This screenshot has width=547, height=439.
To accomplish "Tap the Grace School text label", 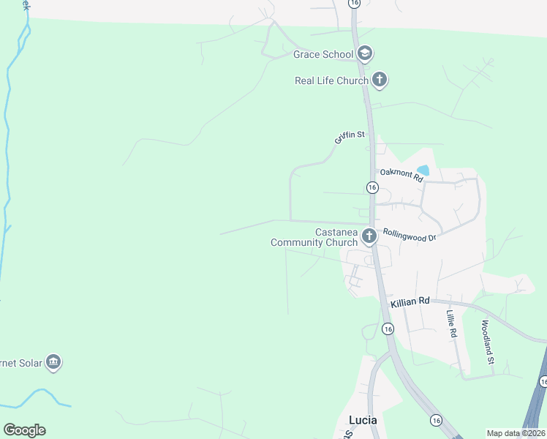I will point(323,54).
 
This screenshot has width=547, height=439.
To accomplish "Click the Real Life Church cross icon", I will point(379,80).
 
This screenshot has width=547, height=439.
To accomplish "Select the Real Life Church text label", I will point(331,80).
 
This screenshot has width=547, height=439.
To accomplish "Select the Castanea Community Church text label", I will point(314,237).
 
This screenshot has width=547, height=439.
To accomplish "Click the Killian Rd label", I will point(410,301).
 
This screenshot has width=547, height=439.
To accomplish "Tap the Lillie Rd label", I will point(453,323).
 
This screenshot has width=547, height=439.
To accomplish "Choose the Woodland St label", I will point(488,342).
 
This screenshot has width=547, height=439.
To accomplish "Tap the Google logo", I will point(24,430).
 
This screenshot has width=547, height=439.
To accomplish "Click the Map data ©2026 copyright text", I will point(516,433).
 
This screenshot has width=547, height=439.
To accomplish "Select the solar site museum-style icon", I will point(53,361).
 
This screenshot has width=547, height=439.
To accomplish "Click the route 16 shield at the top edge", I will point(355,3).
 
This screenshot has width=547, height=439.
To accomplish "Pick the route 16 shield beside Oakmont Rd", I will point(371,188).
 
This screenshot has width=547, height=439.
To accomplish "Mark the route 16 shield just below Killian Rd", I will point(388,329).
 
